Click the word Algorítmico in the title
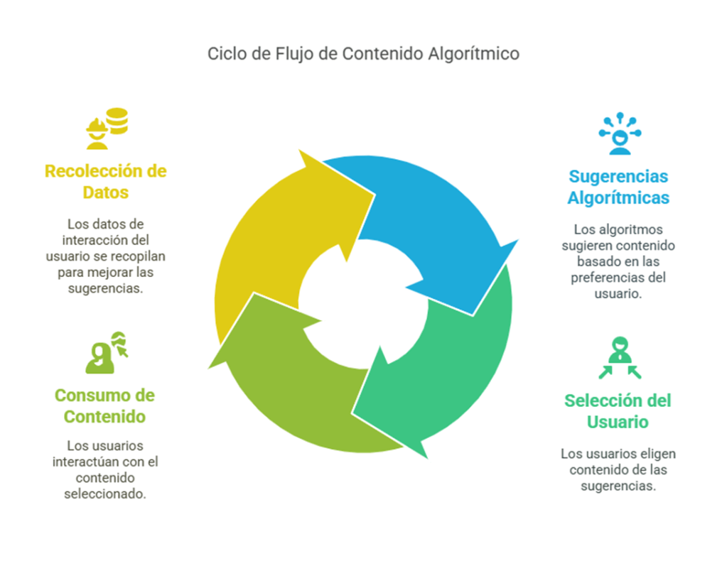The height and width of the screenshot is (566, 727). pyautogui.click(x=473, y=54)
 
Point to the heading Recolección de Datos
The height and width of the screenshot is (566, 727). pyautogui.click(x=106, y=182)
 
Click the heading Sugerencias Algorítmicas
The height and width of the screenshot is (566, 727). pyautogui.click(x=618, y=187)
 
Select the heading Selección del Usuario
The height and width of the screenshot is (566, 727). pyautogui.click(x=618, y=411)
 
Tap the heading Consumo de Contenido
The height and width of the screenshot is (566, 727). pyautogui.click(x=104, y=406)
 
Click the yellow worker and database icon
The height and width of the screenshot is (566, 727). pyautogui.click(x=107, y=129)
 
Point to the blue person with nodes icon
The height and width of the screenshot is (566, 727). pyautogui.click(x=620, y=134)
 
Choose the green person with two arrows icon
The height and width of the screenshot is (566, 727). pyautogui.click(x=620, y=358)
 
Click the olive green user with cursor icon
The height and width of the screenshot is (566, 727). pyautogui.click(x=107, y=352)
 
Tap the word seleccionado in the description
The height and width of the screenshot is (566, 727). pyautogui.click(x=104, y=494)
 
